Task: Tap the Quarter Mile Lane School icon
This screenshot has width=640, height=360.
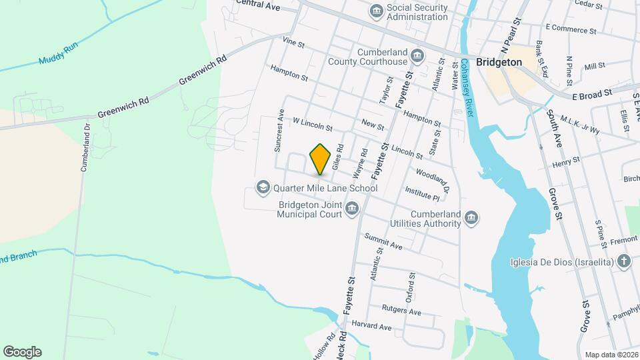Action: click(263, 187)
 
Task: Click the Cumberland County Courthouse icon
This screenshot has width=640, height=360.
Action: click(418, 55)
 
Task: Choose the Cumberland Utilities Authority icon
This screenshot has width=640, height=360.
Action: click(471, 218)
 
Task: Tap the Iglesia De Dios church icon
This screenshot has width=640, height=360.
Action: click(623, 261)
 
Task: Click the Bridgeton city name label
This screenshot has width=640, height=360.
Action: click(499, 61)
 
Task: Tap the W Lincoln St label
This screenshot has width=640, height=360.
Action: click(313, 124)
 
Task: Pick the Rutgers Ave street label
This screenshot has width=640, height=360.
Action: click(401, 310)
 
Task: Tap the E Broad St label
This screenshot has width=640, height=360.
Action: click(592, 95)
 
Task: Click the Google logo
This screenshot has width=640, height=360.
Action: click(22, 351)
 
